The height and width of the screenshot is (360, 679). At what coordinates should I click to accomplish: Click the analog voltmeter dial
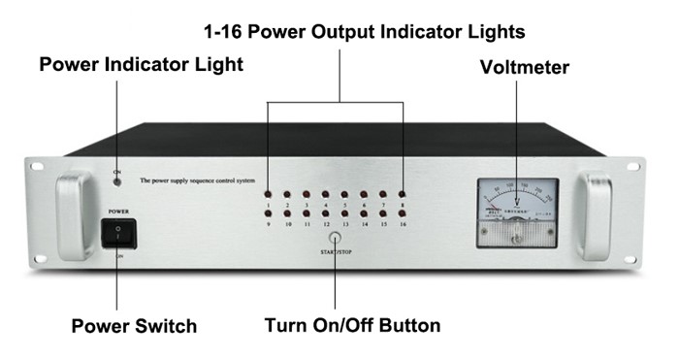(x=518, y=208)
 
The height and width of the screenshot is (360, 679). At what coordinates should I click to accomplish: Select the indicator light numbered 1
(x=268, y=194)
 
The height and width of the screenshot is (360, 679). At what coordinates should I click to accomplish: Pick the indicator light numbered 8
(x=402, y=194)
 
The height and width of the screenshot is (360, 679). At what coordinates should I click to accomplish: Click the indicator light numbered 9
(x=268, y=213)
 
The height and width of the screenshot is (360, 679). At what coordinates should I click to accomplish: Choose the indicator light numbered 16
(x=402, y=213)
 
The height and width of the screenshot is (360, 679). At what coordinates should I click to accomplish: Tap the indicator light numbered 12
(x=325, y=213)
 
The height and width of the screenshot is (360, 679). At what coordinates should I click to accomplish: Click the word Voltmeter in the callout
(x=524, y=67)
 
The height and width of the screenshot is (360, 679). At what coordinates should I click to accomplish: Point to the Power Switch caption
(x=134, y=326)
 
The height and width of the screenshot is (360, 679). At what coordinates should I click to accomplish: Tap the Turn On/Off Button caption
(x=352, y=326)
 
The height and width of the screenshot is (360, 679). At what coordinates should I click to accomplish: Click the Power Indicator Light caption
(x=141, y=65)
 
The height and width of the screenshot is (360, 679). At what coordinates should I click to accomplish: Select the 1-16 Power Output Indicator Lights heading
(x=365, y=32)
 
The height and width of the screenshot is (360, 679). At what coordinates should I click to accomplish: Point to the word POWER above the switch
(x=118, y=209)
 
